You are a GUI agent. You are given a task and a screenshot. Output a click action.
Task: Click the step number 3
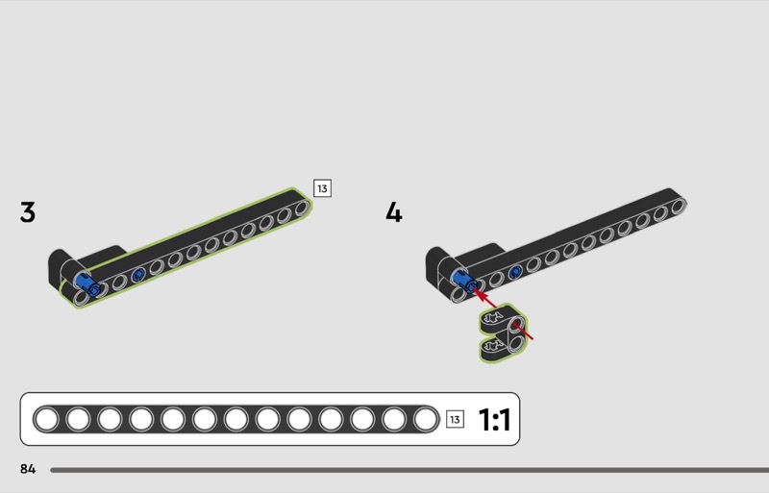[28, 212]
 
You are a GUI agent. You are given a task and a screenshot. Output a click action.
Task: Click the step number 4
[394, 212]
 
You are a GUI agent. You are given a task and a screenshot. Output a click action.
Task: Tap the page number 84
[28, 469]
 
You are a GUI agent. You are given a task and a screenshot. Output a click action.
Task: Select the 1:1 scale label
[494, 420]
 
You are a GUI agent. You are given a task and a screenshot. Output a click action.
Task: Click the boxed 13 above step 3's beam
[322, 188]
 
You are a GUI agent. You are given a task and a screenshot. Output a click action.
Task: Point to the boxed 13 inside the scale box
[455, 419]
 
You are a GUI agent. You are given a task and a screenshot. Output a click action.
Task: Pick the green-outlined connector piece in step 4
[504, 333]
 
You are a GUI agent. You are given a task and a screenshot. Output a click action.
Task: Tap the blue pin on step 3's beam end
[88, 284]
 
